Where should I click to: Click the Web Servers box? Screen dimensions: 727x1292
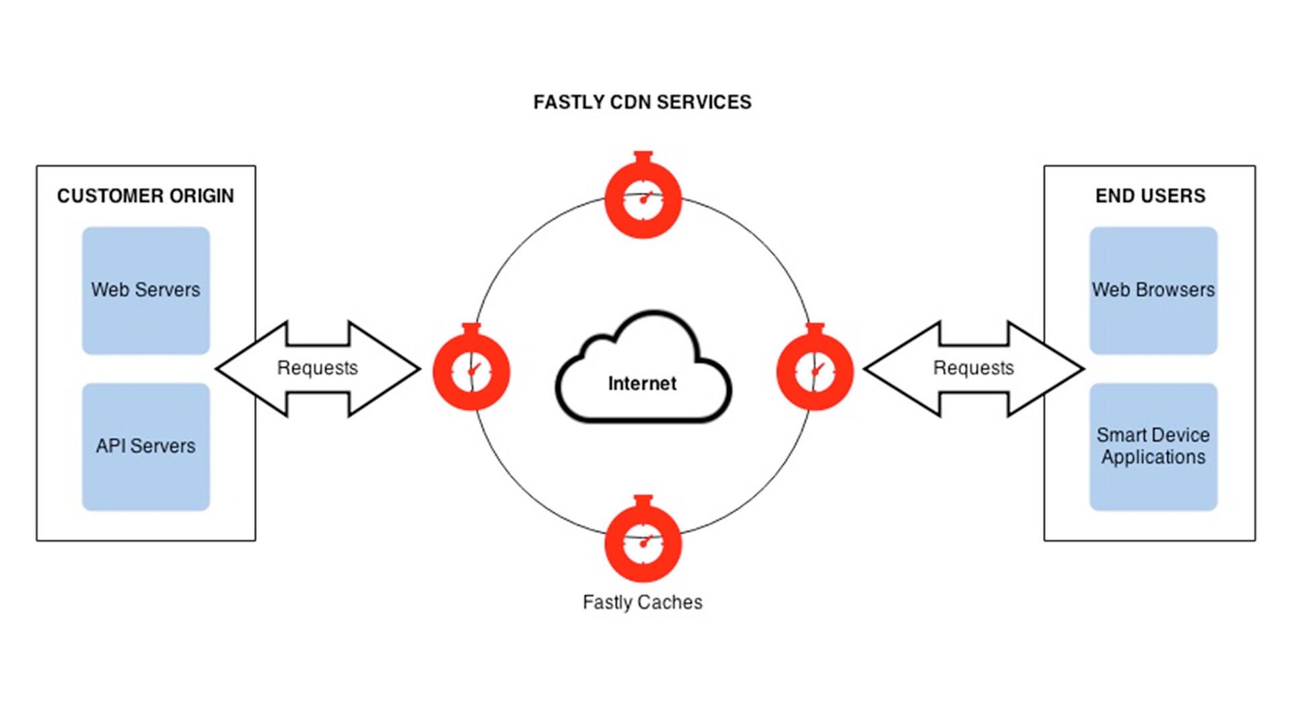tap(145, 290)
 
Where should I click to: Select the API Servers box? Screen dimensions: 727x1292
tap(145, 446)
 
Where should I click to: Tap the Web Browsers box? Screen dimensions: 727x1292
tap(1153, 290)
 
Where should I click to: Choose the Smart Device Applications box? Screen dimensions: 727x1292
tap(1153, 446)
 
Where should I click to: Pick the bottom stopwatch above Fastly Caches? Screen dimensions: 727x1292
tap(643, 540)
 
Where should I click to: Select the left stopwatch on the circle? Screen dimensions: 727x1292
tap(471, 369)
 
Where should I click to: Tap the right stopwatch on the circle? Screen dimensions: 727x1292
tap(815, 369)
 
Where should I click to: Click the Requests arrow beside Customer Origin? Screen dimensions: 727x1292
tap(318, 368)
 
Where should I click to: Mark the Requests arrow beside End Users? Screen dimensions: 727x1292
tap(973, 368)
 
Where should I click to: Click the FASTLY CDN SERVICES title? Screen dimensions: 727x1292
tap(642, 102)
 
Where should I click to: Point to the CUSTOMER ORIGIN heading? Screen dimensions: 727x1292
tap(145, 196)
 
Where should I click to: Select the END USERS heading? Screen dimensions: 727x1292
tap(1150, 196)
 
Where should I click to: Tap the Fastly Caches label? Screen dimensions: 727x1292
tap(642, 602)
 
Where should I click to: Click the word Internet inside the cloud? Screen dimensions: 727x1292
tap(642, 384)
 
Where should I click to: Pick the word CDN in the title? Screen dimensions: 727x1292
tap(630, 102)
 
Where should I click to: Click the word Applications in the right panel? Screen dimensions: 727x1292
tap(1153, 457)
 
